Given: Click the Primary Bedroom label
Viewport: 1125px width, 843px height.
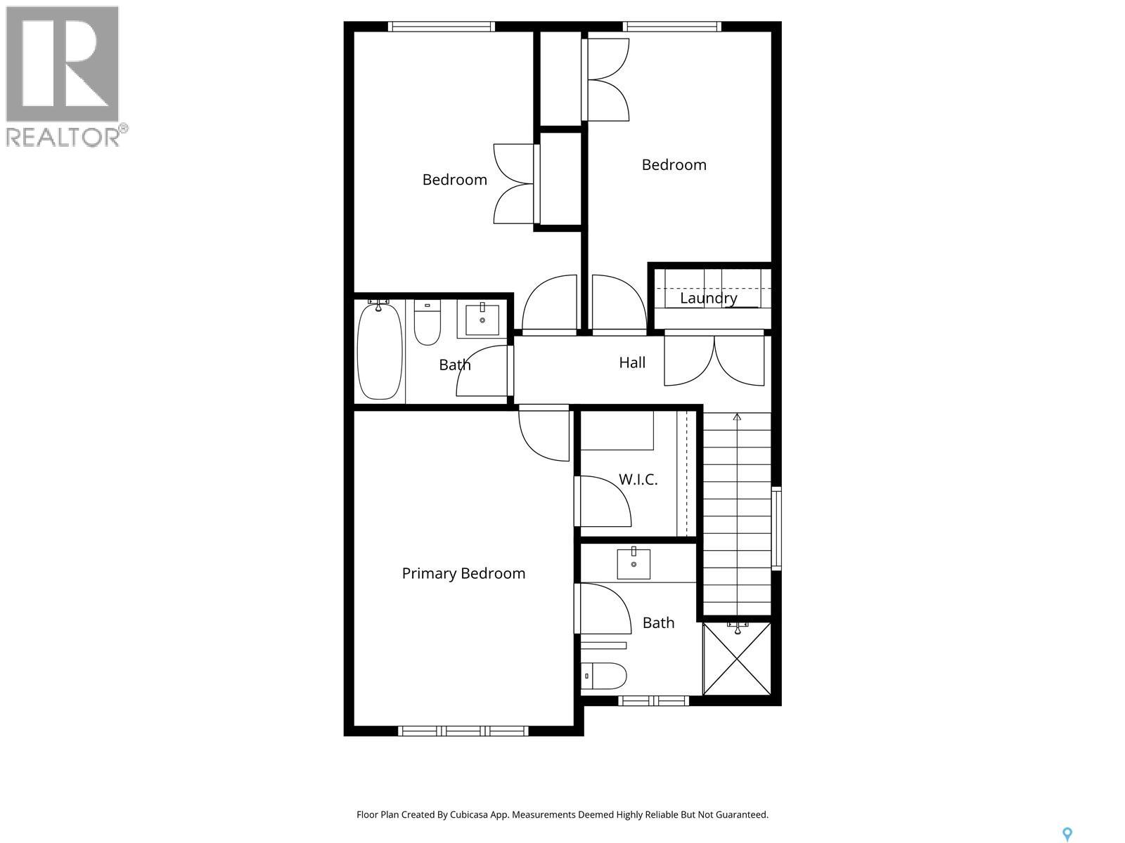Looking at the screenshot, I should (463, 573).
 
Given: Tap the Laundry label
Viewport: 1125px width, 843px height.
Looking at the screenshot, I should (708, 298).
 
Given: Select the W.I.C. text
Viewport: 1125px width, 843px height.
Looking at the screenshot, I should (638, 479).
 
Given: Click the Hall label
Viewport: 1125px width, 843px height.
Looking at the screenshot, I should (632, 362).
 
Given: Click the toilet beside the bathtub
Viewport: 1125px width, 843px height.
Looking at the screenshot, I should (427, 324).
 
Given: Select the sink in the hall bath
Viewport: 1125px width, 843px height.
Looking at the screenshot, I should (482, 320).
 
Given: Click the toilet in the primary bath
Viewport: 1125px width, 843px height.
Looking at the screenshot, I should (605, 676).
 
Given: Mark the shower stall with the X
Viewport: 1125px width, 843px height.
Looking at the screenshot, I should (737, 658).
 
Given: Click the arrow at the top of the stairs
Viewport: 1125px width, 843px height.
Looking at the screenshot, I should (737, 417).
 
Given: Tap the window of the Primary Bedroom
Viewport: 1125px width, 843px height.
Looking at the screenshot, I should (463, 731).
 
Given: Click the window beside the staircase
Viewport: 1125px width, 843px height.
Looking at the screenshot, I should (776, 527).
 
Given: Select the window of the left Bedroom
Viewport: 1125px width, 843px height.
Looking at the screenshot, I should (441, 27).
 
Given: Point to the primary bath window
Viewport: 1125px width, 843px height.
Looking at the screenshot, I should (653, 700).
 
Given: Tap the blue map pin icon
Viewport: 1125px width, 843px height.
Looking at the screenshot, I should (1067, 833).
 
